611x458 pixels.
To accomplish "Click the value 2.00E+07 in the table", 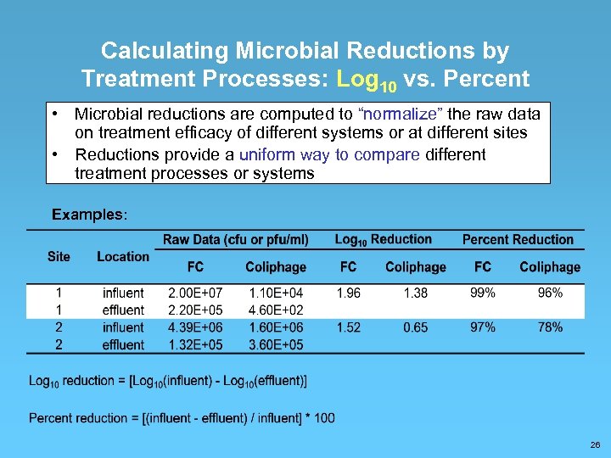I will click(195, 293).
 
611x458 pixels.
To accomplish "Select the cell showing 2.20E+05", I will click(195, 310).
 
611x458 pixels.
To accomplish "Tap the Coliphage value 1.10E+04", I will click(276, 293).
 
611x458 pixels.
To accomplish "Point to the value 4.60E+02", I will click(276, 310).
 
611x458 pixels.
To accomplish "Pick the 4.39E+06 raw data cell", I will click(195, 327).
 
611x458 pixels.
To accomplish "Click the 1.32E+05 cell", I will click(195, 345).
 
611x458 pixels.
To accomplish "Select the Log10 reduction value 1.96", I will click(348, 293).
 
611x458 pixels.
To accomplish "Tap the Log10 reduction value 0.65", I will click(415, 327).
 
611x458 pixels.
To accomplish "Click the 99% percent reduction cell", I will click(483, 293).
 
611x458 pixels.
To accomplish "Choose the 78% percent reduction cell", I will click(550, 327).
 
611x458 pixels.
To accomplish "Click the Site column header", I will click(59, 256).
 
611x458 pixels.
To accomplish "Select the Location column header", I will click(123, 256).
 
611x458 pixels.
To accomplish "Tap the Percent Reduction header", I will click(518, 240).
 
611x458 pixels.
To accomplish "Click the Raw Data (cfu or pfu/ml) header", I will click(236, 240).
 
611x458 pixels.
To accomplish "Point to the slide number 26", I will click(595, 444).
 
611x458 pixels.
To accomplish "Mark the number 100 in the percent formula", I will click(324, 418).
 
